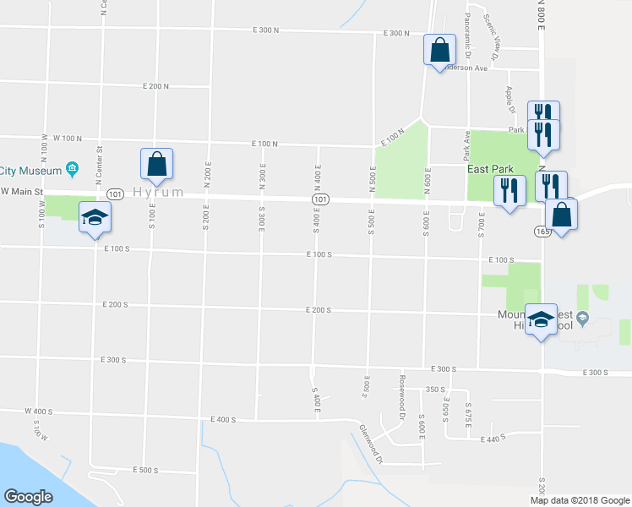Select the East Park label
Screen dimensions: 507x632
pos(490,169)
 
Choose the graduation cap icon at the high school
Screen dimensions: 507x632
pos(541,319)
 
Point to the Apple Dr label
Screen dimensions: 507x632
pos(510,99)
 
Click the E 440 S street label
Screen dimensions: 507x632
pos(490,438)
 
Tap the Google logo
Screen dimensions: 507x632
pos(28,497)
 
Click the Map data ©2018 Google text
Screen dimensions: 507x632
pos(578,500)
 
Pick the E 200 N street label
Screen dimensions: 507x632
pos(156,86)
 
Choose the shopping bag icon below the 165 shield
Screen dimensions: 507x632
pos(560,216)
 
